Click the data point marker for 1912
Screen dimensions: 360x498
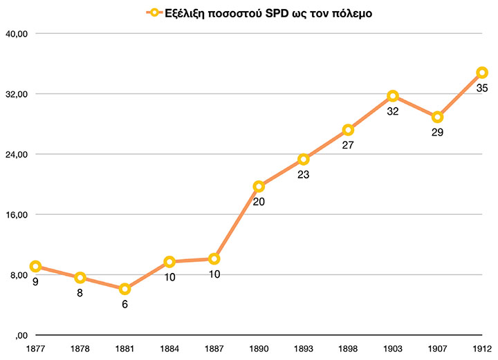point(481,73)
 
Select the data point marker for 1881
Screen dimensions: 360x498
point(124,289)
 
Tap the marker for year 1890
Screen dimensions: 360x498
point(259,187)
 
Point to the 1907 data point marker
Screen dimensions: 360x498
point(437,117)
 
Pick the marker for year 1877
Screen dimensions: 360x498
point(35,267)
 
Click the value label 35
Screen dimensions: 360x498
point(481,88)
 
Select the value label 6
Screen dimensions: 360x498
point(124,304)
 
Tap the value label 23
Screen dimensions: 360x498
point(303,175)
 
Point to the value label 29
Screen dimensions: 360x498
point(437,132)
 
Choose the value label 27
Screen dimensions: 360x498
point(348,146)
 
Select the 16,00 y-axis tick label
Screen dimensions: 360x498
point(16,214)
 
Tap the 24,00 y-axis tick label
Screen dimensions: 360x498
point(16,154)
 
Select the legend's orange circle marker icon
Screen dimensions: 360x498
point(152,12)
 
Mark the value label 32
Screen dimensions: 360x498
point(392,111)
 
